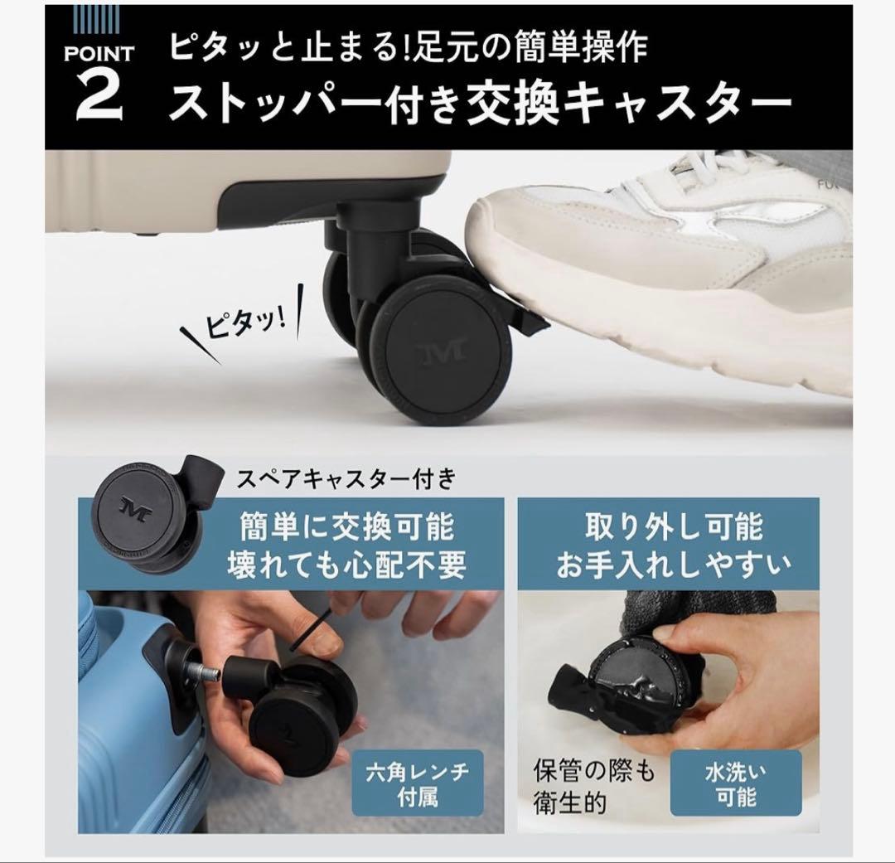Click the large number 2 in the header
point(99,98)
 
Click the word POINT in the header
point(99,55)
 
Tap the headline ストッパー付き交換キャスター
point(480,105)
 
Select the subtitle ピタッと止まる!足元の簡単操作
point(408,49)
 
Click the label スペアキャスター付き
point(346,478)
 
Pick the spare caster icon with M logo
point(149,514)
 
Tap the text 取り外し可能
point(674,527)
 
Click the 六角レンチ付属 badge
point(418,783)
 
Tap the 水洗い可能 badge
point(736,783)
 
